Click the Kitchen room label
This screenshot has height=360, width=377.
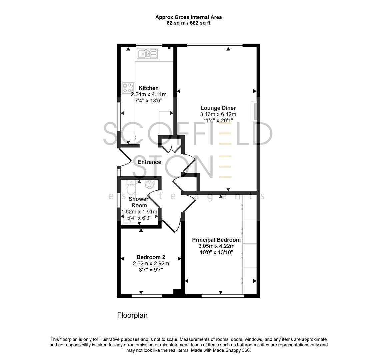coord(149,88)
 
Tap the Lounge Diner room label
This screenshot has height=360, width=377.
coord(218,108)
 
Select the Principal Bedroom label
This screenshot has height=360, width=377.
coord(216,240)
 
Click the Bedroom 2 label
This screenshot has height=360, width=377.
coord(151,257)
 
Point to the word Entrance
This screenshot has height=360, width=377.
coord(149,162)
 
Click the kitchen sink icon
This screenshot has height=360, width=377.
coord(147,53)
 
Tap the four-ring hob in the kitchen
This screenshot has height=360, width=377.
coord(127,87)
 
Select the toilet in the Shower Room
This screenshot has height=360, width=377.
coord(131,188)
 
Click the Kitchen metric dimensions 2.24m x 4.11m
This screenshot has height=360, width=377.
coord(149,94)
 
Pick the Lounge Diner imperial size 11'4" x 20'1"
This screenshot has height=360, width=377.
coord(218,120)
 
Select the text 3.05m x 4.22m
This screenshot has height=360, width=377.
coord(216,246)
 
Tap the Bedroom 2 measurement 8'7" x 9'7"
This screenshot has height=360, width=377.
coord(151,269)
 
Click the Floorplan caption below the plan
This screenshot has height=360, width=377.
coord(132,315)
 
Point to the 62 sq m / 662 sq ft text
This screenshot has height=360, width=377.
coord(188,23)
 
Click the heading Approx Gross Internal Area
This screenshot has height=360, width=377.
coord(188,17)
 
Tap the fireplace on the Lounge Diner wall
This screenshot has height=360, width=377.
coord(254,111)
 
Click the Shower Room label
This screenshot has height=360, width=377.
coord(139,202)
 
